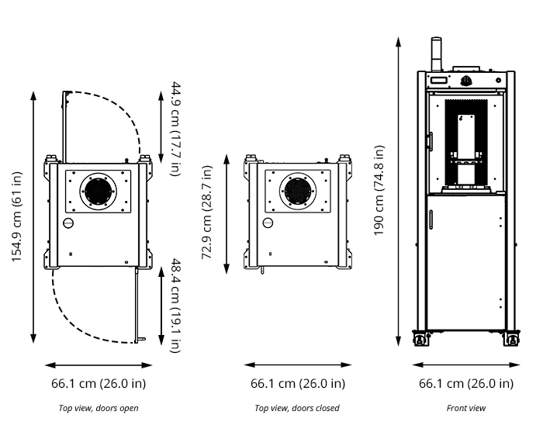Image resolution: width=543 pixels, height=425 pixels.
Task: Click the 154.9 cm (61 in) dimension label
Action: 17,216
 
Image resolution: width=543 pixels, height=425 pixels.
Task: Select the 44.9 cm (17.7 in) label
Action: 175,128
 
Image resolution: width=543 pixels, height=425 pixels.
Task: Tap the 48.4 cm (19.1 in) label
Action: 175,305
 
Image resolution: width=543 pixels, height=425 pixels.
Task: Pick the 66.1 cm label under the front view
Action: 466,383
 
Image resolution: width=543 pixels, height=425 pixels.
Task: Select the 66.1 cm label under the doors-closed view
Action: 298,383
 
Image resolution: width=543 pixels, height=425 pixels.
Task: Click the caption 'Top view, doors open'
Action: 99,408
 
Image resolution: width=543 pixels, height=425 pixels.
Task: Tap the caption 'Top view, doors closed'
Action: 297,408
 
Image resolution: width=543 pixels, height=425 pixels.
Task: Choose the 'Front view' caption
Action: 466,408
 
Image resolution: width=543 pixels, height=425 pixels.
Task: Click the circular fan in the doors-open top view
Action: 99,191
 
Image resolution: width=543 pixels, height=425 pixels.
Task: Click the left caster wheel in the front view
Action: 421,339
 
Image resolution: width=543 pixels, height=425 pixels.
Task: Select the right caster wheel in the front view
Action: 512,339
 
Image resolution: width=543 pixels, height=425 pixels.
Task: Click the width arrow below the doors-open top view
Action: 99,365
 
